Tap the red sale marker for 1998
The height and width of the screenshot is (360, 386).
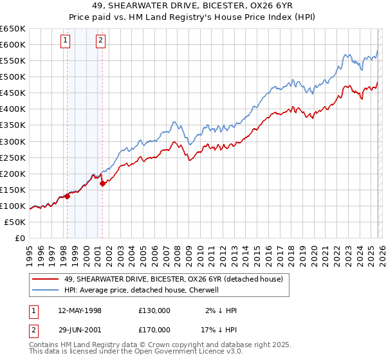click(68, 196)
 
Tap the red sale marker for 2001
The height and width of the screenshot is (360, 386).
click(103, 183)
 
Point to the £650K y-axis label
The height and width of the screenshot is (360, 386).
click(13, 29)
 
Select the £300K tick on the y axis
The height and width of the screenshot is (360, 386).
click(13, 141)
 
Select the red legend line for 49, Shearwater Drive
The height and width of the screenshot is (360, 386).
click(46, 279)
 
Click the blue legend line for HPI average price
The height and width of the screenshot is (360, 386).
click(46, 290)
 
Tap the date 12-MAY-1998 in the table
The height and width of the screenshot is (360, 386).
click(80, 310)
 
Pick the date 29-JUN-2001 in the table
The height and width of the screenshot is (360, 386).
click(80, 329)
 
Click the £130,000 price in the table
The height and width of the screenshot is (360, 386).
click(154, 310)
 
